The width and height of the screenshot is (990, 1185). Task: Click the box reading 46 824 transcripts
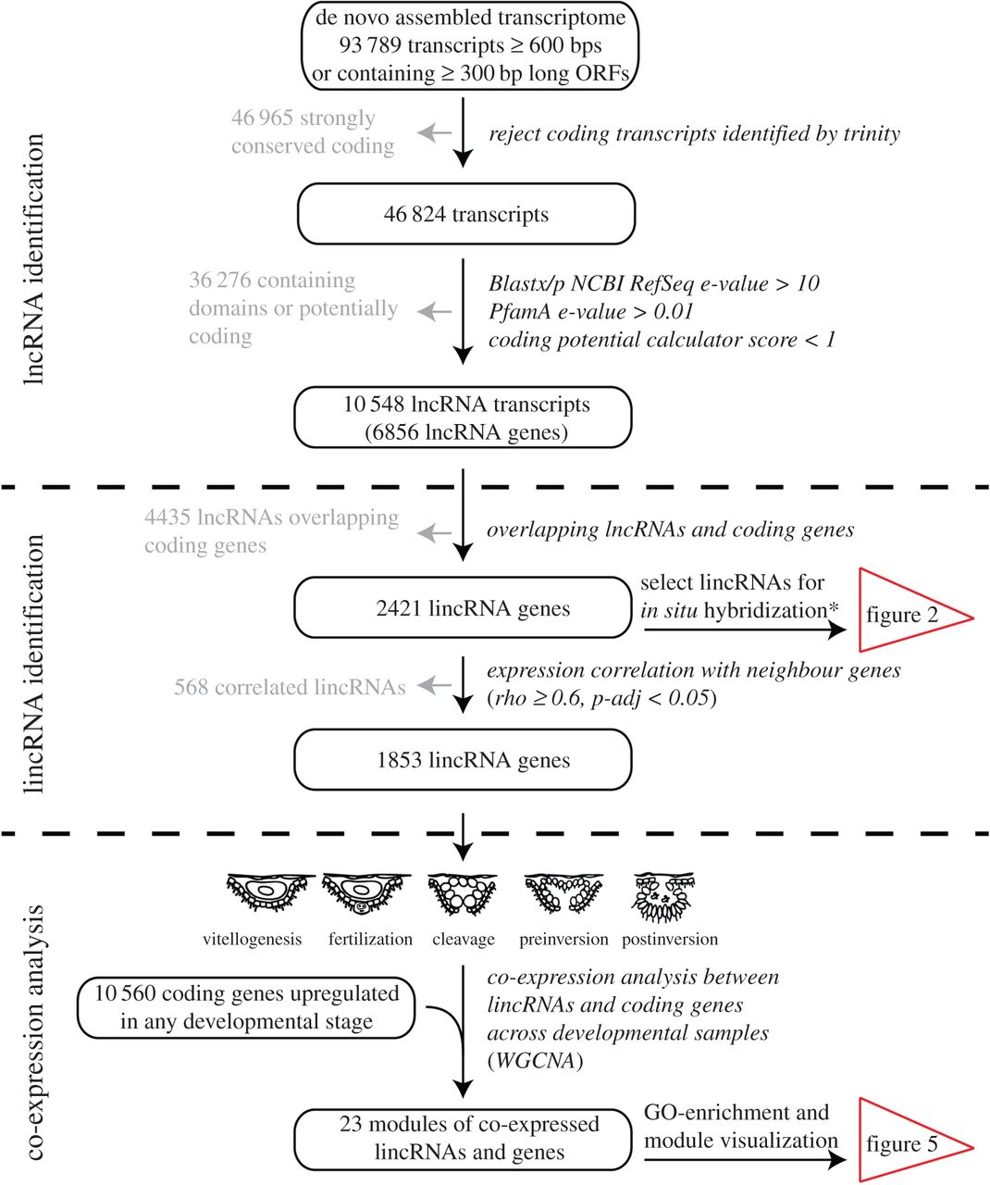(465, 214)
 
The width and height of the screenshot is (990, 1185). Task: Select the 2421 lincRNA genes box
(463, 607)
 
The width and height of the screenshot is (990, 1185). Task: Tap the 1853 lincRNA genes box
(463, 759)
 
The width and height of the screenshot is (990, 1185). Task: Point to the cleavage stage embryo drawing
(463, 894)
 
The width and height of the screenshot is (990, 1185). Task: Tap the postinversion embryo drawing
(663, 898)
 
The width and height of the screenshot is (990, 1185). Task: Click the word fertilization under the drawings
(370, 940)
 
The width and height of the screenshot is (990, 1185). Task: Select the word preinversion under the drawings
(563, 940)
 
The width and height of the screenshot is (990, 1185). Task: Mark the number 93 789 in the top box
(370, 45)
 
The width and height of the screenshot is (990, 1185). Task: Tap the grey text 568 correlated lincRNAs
(290, 687)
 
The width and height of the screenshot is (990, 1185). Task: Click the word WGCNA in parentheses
(536, 1060)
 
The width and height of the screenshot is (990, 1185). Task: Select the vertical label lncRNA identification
(34, 259)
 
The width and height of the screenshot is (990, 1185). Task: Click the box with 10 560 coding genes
(246, 1007)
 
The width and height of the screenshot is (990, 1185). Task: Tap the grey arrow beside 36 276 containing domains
(434, 312)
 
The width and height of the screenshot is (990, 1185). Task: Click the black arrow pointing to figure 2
(745, 629)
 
